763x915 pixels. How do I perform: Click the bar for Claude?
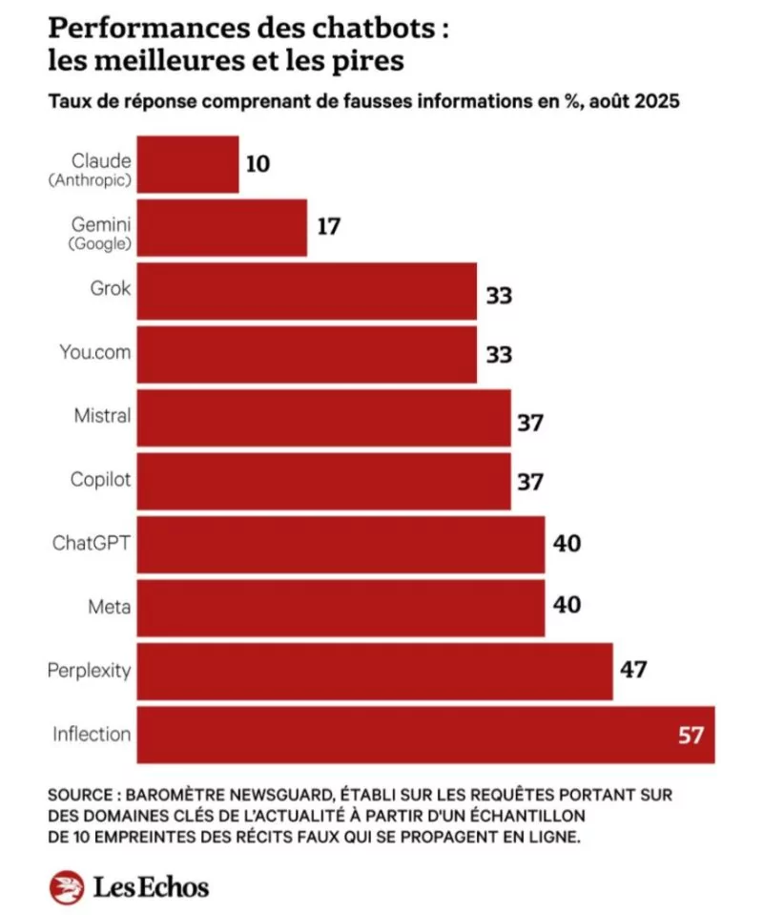tap(188, 164)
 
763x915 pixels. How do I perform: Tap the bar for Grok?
tap(307, 291)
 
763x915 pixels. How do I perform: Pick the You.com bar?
tap(307, 354)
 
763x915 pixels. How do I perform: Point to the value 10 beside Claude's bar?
tap(257, 164)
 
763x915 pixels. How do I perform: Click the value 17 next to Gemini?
tap(328, 228)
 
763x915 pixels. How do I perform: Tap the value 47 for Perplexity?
tap(633, 671)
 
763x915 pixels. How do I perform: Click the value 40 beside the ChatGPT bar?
tap(566, 545)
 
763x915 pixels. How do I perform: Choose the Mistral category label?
tap(102, 417)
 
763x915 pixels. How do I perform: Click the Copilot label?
tap(100, 480)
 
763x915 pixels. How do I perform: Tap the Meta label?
tap(112, 607)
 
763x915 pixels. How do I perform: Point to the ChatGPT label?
tap(92, 544)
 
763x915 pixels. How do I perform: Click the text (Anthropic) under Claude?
tap(89, 178)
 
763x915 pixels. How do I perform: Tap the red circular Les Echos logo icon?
tap(67, 887)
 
